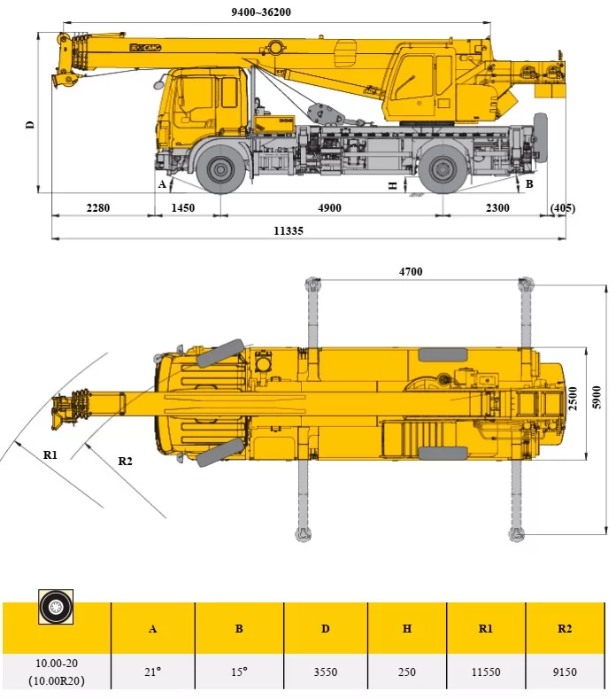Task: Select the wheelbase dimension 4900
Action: [x=328, y=208]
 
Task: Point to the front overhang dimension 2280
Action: [x=98, y=208]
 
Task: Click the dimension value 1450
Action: [x=183, y=208]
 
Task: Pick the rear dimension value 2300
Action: [x=498, y=208]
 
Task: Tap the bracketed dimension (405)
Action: [x=562, y=208]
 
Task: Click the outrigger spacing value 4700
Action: [x=411, y=272]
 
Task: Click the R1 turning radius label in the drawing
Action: [x=50, y=454]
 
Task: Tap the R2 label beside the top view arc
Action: [x=125, y=460]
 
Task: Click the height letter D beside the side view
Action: [x=30, y=125]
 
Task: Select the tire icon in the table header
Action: [x=56, y=607]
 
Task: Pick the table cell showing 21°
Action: [x=152, y=672]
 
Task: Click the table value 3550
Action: [x=325, y=672]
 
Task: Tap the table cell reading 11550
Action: [x=485, y=672]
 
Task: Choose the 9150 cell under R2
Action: [x=564, y=672]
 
